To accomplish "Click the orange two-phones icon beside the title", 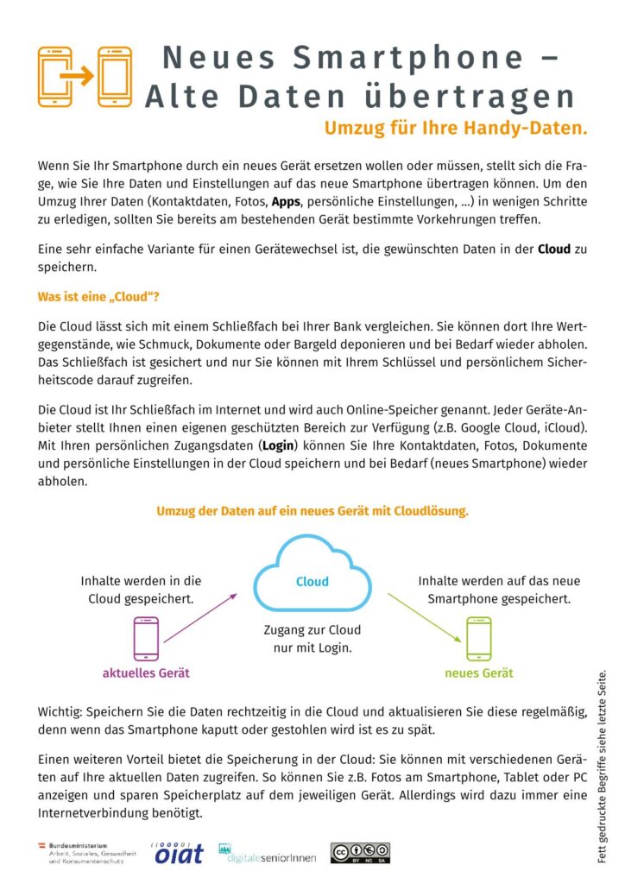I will tap(83, 77).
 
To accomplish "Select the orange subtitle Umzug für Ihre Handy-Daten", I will tap(455, 129).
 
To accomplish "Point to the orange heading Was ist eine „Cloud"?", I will tap(98, 297).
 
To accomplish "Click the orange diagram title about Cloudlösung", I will tap(312, 511).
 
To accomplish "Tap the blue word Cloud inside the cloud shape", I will tap(312, 582).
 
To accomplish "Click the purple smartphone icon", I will tap(146, 639).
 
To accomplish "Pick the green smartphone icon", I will tap(478, 639).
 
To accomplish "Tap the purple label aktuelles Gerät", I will tap(146, 673).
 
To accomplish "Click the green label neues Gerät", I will tap(478, 673).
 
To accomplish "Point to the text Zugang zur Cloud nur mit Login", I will tap(312, 638).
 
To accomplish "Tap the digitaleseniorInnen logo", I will tap(267, 853).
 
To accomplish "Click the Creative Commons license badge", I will tap(360, 853).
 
